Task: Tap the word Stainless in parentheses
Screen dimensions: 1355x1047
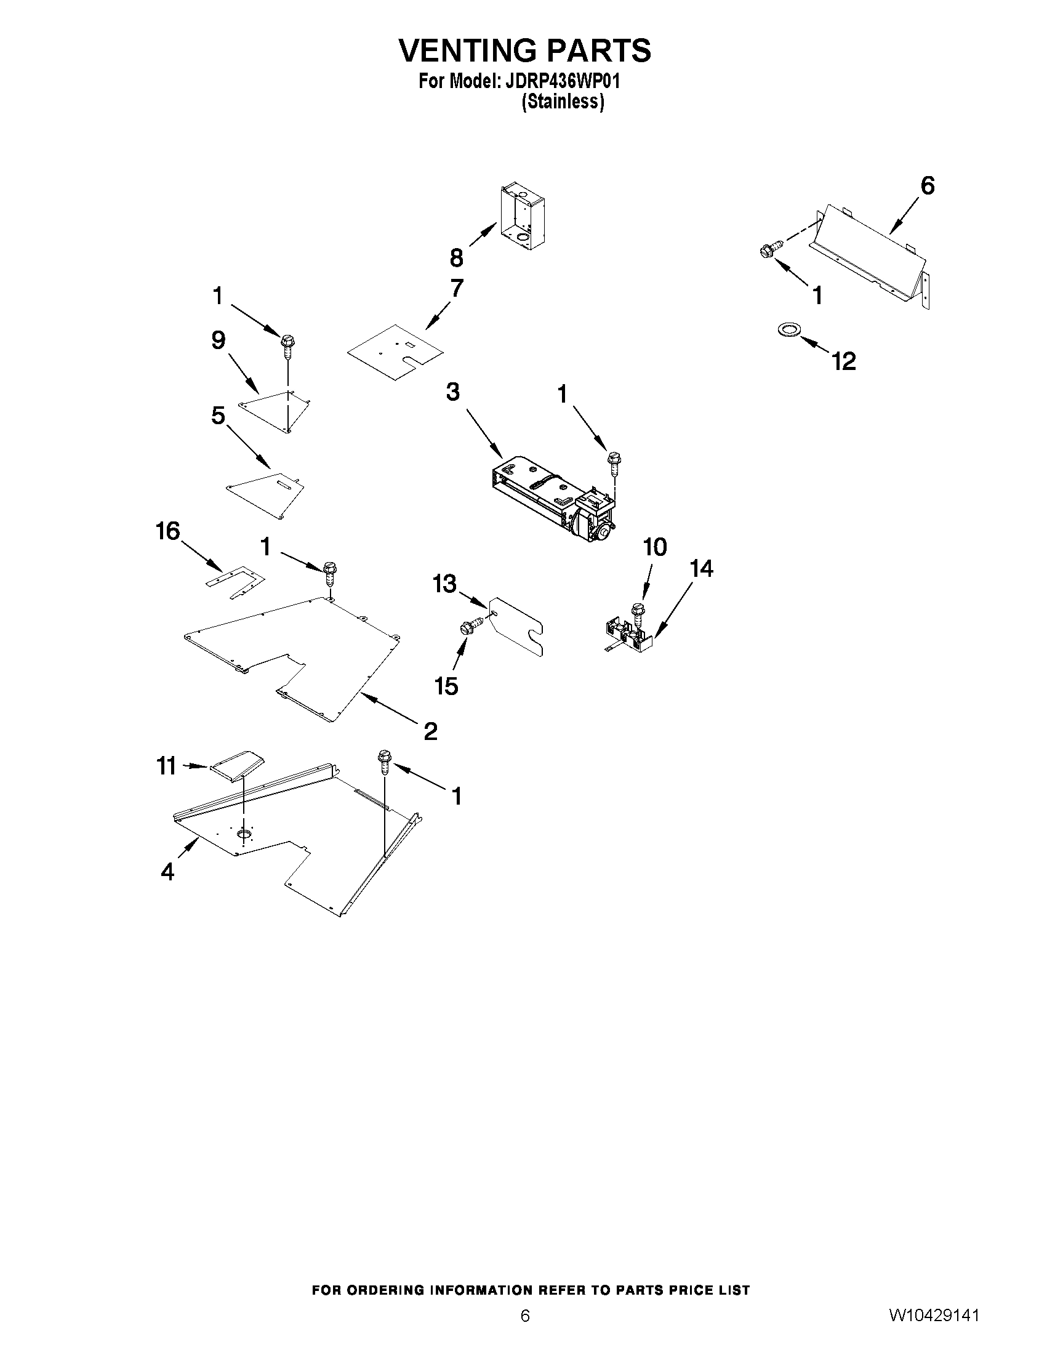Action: [562, 102]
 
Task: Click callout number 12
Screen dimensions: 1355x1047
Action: [844, 361]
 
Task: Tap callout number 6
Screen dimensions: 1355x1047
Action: [927, 185]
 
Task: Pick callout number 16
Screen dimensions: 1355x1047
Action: [168, 531]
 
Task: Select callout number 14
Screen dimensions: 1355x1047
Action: [702, 568]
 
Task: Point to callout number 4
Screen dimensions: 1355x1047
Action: [167, 872]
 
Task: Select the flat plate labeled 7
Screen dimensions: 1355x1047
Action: [395, 352]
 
